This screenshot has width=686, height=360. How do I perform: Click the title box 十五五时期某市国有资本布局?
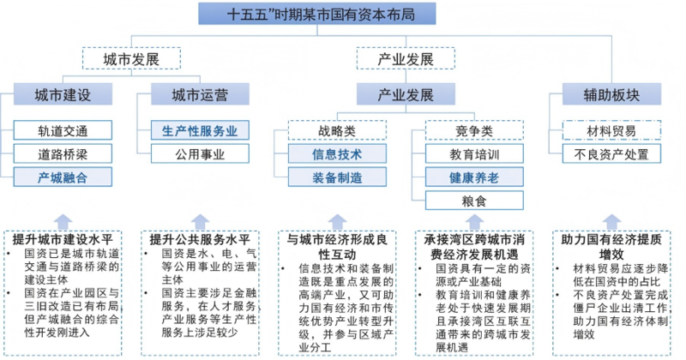(x=315, y=14)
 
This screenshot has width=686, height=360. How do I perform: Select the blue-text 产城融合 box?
(x=63, y=177)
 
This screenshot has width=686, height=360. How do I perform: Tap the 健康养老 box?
(x=474, y=177)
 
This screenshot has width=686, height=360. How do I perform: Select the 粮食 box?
(x=474, y=201)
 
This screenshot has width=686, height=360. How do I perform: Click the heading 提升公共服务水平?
(x=199, y=237)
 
